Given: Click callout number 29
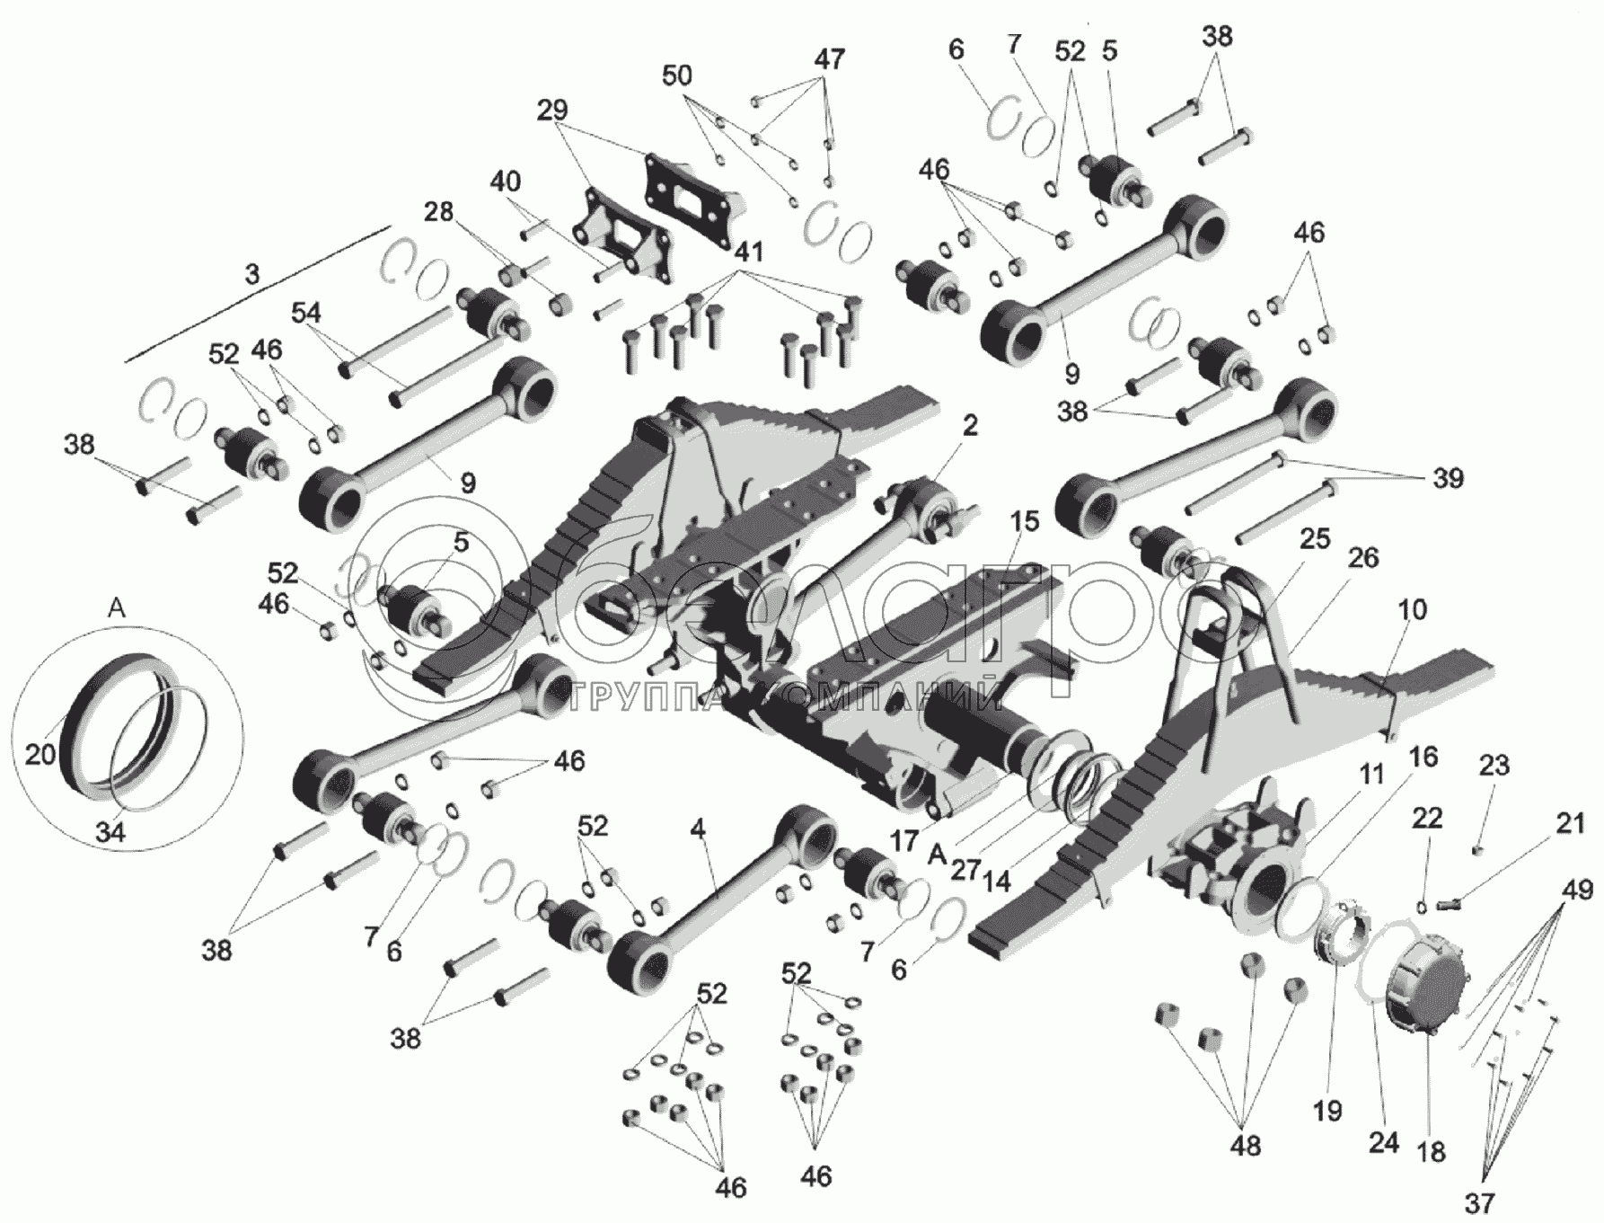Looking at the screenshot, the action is [x=552, y=111].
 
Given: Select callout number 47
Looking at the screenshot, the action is [x=829, y=59].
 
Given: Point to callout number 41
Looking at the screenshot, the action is [x=748, y=253].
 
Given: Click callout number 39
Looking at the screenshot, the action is [x=1447, y=478].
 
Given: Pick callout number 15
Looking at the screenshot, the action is [x=1024, y=521].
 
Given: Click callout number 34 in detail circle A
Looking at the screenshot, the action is [x=110, y=832].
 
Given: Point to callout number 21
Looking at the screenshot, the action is [x=1570, y=823].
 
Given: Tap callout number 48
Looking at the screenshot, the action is [x=1246, y=1146].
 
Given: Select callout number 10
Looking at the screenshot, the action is [x=1412, y=609].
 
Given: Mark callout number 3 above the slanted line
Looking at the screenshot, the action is [x=252, y=273].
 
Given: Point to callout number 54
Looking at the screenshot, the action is [x=306, y=313].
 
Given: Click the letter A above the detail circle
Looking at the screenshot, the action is [x=118, y=608].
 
